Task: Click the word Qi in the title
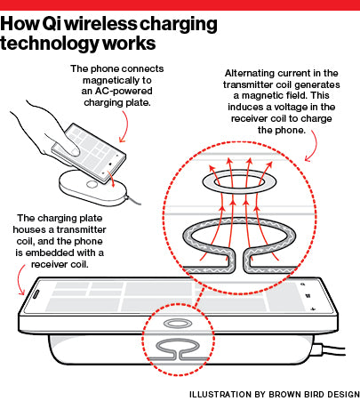click(51, 24)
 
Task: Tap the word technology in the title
click(49, 44)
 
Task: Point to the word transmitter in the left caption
click(81, 229)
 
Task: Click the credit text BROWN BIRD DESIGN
click(315, 395)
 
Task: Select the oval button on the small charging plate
click(92, 184)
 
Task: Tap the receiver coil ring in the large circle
click(239, 181)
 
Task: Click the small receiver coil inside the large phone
click(178, 323)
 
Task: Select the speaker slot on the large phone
click(35, 294)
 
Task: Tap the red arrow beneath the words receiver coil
click(19, 280)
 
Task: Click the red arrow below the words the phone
click(315, 146)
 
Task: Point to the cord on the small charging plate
click(134, 200)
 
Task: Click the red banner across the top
click(180, 5)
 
